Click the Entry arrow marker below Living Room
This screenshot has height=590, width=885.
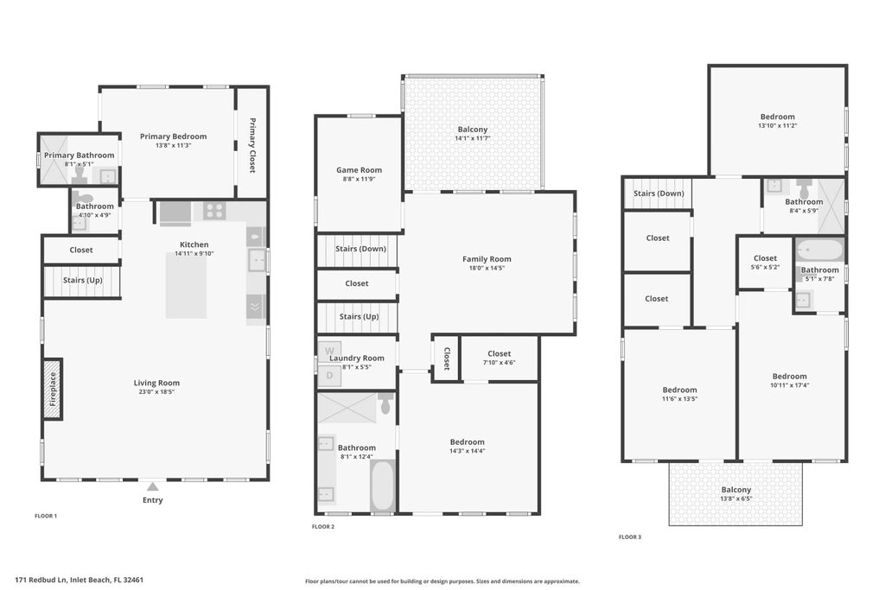pyautogui.click(x=152, y=487)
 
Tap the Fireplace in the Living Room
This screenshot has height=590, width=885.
pyautogui.click(x=53, y=389)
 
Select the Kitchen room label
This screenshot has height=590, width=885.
pyautogui.click(x=194, y=244)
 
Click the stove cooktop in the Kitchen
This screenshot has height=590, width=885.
pyautogui.click(x=213, y=210)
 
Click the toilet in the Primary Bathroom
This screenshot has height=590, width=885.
pyautogui.click(x=80, y=173)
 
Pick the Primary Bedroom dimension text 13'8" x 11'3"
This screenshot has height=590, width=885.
pyautogui.click(x=173, y=145)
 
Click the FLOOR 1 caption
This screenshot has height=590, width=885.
pyautogui.click(x=46, y=516)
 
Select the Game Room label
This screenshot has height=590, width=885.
pyautogui.click(x=359, y=170)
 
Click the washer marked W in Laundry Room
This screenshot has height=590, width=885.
pyautogui.click(x=328, y=351)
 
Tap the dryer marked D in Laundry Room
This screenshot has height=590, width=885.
pyautogui.click(x=328, y=376)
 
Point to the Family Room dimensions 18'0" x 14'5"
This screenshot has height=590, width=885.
pyautogui.click(x=487, y=268)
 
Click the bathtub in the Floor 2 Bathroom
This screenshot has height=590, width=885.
pyautogui.click(x=382, y=485)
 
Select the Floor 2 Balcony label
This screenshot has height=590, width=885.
pyautogui.click(x=473, y=130)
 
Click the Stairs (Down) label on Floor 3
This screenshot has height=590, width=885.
pyautogui.click(x=659, y=193)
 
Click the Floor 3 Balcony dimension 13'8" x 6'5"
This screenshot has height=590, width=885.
pyautogui.click(x=736, y=498)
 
